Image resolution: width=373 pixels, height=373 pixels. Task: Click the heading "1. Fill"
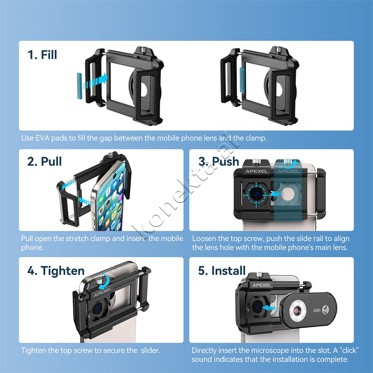coord(42,55)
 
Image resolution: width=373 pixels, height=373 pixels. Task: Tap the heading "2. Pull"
coord(45,161)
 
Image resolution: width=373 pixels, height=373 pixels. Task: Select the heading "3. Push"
coord(219,161)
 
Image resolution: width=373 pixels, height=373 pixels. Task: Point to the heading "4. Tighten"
coord(56,271)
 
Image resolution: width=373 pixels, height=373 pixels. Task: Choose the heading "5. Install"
coord(222,271)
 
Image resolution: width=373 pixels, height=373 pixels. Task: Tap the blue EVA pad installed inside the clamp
coord(242,80)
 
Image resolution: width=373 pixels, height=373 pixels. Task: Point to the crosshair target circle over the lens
coord(256,194)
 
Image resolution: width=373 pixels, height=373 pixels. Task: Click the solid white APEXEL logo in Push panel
coord(256,171)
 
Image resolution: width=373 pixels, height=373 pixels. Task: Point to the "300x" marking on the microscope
coord(317,310)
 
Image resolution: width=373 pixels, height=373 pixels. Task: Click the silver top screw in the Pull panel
coord(110,155)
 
